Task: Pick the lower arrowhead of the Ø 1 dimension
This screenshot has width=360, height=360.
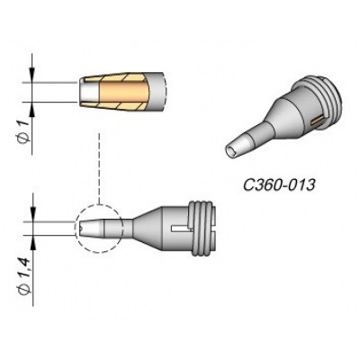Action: (33, 105)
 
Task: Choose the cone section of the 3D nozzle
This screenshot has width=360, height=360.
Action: (270, 126)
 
